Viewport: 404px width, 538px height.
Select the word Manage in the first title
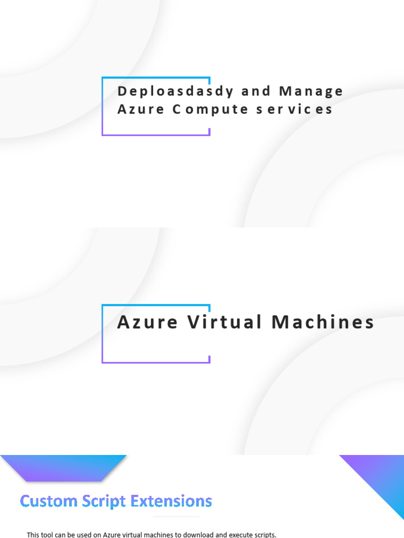point(311,91)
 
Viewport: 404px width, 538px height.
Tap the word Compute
point(200,109)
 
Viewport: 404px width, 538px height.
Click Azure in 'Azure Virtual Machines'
point(147,322)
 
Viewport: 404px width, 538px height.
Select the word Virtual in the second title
point(225,322)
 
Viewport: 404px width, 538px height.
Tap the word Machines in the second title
point(322,322)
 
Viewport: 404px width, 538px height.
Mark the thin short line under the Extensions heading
point(176,517)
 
